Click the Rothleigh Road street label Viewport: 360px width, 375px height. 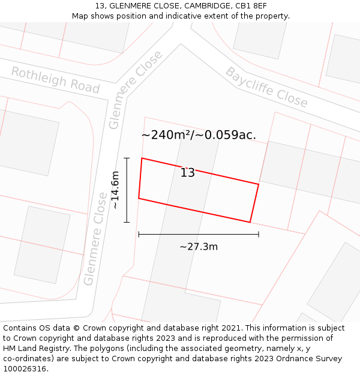[55, 80]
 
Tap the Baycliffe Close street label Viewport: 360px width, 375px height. [266, 88]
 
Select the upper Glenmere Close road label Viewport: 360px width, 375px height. [136, 89]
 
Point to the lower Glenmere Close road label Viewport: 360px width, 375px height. [96, 238]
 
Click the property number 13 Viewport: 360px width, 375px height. [188, 173]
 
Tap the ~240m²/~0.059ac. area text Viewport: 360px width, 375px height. [199, 135]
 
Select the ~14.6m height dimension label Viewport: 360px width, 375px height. [115, 190]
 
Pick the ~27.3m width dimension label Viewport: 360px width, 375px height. [199, 247]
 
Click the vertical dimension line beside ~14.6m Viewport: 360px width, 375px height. [127, 190]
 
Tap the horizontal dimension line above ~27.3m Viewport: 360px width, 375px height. [199, 234]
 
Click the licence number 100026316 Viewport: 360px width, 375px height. [25, 369]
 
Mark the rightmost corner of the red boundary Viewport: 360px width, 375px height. [259, 184]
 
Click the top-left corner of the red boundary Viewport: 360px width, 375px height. [142, 158]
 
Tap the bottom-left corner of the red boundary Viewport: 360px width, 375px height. [139, 198]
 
